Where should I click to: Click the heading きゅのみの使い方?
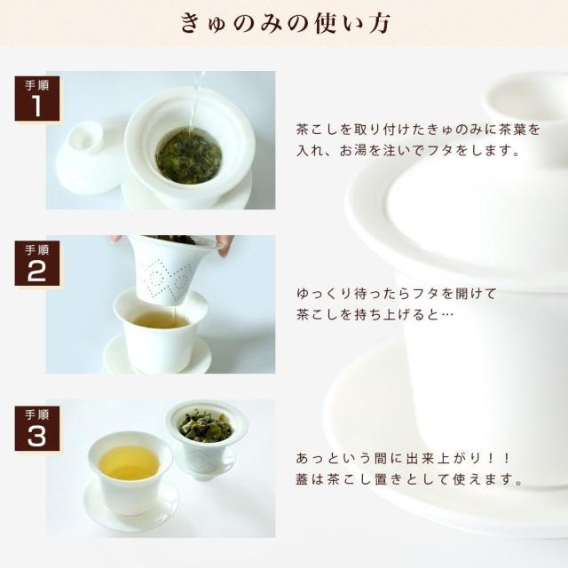click(285, 24)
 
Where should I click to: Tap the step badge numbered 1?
click(37, 99)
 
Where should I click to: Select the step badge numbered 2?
click(37, 264)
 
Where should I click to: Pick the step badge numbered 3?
click(37, 429)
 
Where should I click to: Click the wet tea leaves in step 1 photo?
click(189, 156)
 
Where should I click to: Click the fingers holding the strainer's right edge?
click(224, 244)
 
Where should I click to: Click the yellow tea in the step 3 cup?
click(130, 463)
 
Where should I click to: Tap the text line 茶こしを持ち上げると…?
click(375, 314)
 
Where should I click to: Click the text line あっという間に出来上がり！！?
click(403, 458)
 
